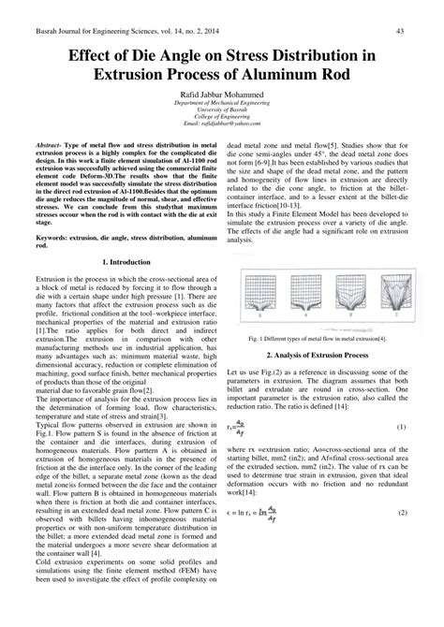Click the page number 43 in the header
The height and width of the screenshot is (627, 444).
[x=399, y=30]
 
